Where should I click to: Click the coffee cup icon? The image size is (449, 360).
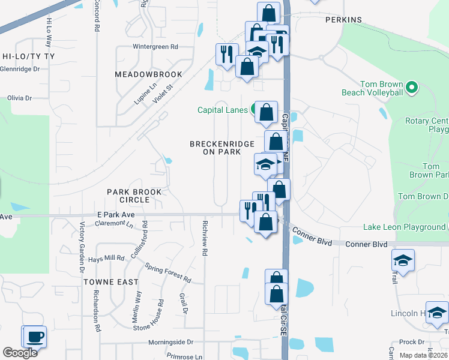(34, 336)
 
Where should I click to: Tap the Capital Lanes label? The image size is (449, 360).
(223, 110)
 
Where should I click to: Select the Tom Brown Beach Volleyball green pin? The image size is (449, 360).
(411, 88)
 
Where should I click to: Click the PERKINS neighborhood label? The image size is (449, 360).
(343, 20)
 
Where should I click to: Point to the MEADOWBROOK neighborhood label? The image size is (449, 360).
(148, 74)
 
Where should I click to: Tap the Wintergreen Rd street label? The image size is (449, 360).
(155, 46)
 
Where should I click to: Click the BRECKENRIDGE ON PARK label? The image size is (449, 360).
(215, 148)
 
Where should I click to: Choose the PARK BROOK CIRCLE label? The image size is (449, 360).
(134, 196)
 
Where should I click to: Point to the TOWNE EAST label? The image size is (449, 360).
(111, 282)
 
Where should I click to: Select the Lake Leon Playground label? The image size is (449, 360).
(404, 227)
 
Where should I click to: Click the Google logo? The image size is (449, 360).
(20, 353)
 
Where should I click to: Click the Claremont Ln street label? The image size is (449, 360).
(114, 224)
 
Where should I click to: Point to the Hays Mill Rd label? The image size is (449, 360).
(106, 259)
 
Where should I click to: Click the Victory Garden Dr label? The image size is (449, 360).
(82, 238)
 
